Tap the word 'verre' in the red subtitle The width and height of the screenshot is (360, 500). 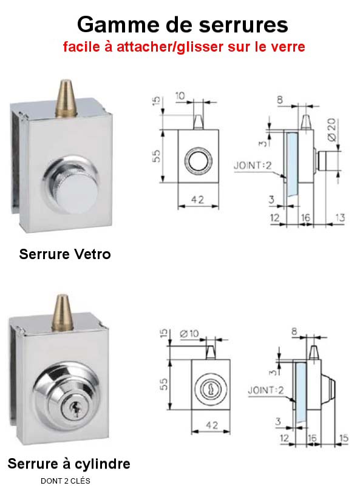click(x=288, y=47)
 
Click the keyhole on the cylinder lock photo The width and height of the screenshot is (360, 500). click(x=75, y=410)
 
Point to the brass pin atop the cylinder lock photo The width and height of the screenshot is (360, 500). click(x=63, y=313)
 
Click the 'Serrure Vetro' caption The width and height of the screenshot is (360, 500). click(x=65, y=254)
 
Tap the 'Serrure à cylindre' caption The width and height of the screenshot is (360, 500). click(x=69, y=464)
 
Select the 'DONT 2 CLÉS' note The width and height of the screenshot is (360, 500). click(x=66, y=481)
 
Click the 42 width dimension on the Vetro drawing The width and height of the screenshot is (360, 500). click(x=197, y=200)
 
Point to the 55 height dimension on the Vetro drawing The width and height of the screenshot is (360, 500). click(x=157, y=156)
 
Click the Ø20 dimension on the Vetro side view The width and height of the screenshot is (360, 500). click(x=332, y=129)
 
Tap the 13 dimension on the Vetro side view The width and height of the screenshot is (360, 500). click(x=339, y=217)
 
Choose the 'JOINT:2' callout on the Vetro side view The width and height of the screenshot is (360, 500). click(x=253, y=166)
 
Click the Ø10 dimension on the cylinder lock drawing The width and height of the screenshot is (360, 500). click(x=189, y=334)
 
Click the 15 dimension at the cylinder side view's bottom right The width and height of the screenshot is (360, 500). click(x=344, y=438)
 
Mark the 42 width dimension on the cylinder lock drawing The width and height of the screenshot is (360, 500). click(x=212, y=425)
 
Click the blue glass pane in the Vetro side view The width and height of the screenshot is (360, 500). click(x=292, y=164)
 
